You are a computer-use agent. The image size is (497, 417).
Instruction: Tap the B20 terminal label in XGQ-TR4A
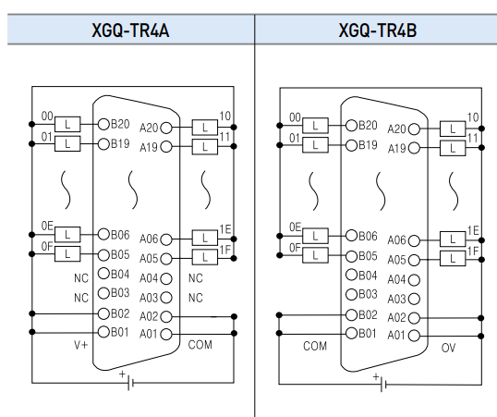tap(121, 124)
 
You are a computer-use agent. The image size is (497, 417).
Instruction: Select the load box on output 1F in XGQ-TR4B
tap(453, 258)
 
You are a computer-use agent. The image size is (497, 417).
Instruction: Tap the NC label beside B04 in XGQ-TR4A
tap(81, 276)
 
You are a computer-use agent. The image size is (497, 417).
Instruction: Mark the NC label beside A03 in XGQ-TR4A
tap(196, 298)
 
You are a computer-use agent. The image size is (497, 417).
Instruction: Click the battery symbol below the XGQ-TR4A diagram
tap(129, 383)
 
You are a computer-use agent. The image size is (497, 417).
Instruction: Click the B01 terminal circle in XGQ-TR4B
tap(351, 334)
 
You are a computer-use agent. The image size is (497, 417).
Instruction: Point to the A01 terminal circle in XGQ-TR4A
tap(167, 334)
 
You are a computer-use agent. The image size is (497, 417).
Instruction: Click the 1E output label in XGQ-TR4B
tap(473, 230)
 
